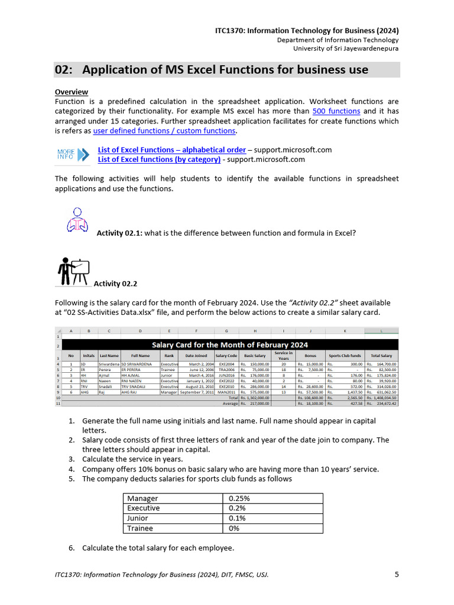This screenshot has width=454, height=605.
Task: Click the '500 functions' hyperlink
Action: (336, 111)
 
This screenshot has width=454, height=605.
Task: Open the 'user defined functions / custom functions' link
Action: (164, 131)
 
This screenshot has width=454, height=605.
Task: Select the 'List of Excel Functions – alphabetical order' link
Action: (171, 150)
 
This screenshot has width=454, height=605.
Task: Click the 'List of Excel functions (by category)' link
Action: (159, 160)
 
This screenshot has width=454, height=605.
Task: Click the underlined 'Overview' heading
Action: (71, 92)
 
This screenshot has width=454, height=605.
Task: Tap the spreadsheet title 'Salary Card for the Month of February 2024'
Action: (230, 344)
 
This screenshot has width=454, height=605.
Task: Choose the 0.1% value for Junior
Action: (236, 518)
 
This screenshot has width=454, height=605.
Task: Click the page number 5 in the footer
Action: (397, 574)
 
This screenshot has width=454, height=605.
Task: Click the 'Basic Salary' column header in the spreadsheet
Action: (255, 356)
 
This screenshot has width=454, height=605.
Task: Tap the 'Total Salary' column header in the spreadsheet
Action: (381, 356)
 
